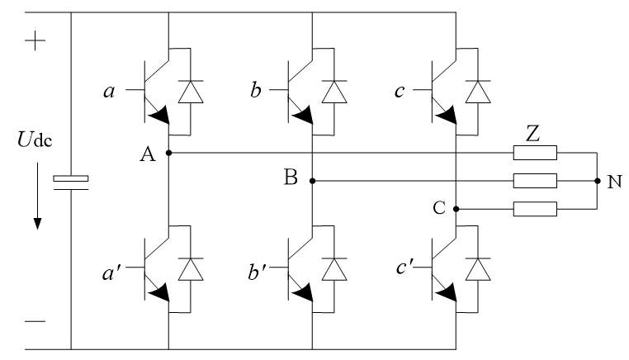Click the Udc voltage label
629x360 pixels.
35,140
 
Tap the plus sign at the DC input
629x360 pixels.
35,40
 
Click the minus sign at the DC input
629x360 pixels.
35,321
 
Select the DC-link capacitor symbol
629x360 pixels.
71,182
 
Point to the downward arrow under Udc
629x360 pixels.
38,196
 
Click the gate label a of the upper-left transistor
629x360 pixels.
109,92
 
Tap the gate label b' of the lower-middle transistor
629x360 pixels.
257,272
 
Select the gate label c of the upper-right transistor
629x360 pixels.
400,92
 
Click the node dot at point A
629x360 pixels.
169,153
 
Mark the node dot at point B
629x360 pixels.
313,181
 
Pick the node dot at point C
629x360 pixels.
456,209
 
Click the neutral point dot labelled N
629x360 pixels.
598,181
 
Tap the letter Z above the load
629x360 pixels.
532,134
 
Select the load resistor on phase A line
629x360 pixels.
535,153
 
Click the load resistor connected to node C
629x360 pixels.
535,209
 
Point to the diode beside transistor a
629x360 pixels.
191,92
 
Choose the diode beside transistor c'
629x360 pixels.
478,269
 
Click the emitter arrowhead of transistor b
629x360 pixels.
304,116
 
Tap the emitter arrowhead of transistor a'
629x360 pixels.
160,292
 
